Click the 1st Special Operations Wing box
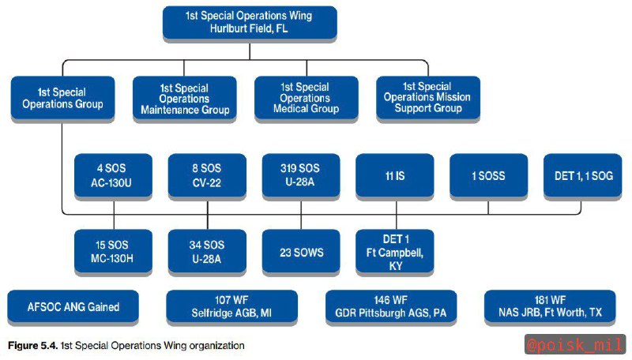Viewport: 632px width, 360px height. pos(250,23)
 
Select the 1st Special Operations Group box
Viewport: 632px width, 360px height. pos(62,98)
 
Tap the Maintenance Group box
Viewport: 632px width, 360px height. pos(185,98)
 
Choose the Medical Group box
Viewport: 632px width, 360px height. pos(307,98)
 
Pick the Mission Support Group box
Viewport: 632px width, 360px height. pos(428,98)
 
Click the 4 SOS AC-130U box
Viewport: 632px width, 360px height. pos(113,175)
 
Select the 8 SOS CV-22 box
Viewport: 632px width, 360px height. pos(207,175)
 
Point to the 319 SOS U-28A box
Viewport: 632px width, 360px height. pos(301,175)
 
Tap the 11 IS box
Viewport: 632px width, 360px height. pos(395,175)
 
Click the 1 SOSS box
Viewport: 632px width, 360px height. pos(488,175)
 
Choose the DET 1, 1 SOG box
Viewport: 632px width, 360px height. pos(583,175)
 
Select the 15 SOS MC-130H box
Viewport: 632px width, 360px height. pos(113,251)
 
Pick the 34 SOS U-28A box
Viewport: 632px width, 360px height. pos(207,251)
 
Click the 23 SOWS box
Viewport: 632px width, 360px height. pos(301,251)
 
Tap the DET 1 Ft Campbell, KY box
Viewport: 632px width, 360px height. pos(395,251)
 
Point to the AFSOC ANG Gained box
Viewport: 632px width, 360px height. pos(73,306)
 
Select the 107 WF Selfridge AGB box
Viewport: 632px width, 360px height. pos(231,306)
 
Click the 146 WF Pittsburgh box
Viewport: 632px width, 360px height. pos(391,306)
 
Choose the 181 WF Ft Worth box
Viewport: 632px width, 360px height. pos(550,306)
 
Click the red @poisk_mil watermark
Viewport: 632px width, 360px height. pos(575,345)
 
